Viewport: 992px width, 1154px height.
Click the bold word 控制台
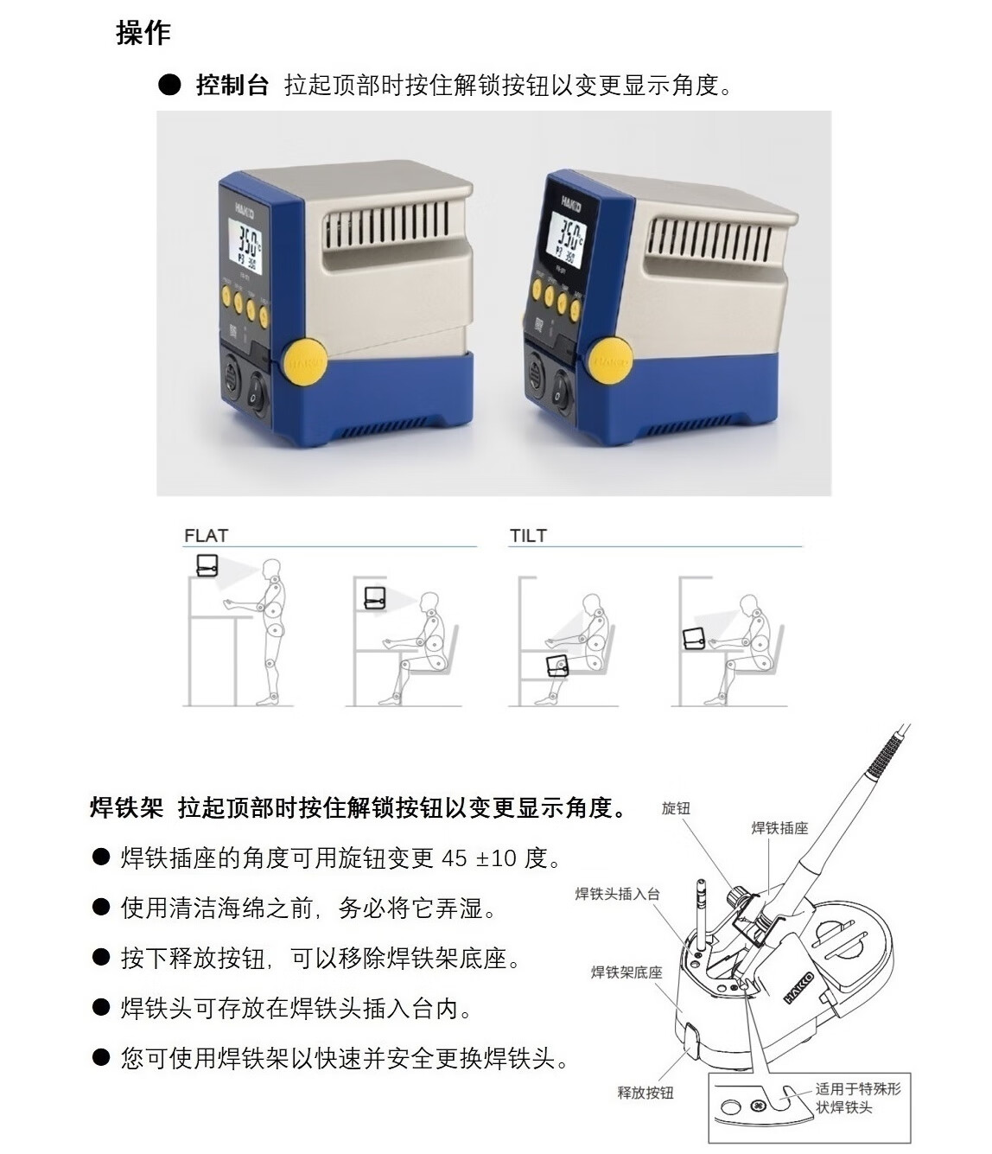[x=232, y=86]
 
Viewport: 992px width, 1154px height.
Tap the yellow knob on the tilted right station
[x=612, y=360]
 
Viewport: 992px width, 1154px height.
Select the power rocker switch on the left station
[x=257, y=394]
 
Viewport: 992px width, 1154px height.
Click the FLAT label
[x=206, y=536]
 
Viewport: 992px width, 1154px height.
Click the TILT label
[x=528, y=536]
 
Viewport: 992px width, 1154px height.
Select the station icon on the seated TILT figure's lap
[x=557, y=666]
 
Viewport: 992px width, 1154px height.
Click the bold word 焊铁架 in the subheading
[x=127, y=808]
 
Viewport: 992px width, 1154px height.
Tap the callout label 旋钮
[x=676, y=808]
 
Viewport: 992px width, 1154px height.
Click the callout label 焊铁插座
[x=780, y=828]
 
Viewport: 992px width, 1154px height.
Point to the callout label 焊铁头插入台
[x=618, y=894]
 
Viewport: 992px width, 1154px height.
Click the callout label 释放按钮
[x=645, y=1093]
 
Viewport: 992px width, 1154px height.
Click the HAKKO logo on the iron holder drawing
[x=798, y=988]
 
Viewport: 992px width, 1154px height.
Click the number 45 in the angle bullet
[x=454, y=858]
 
